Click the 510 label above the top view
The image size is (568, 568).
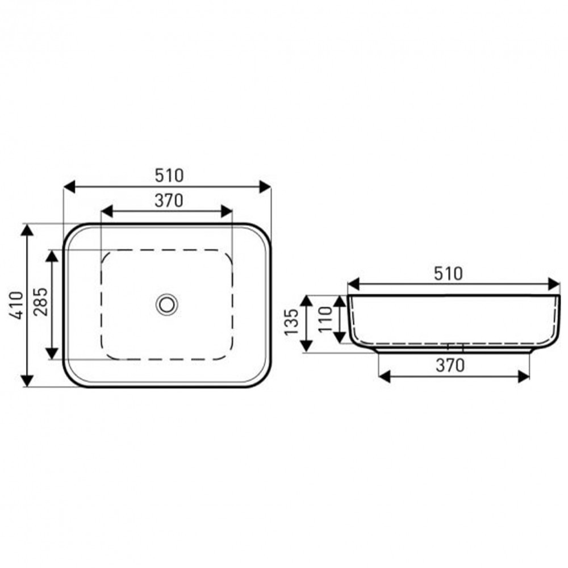169,176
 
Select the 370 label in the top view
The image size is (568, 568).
169,201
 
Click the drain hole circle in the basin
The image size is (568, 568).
167,304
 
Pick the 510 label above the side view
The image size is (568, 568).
448,274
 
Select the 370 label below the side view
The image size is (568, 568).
450,366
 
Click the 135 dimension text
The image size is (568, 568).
291,322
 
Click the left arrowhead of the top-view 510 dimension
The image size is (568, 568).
69,186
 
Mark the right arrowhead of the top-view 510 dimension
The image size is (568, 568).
265,186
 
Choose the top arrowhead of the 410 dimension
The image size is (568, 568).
27,230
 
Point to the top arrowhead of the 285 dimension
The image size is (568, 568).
52,256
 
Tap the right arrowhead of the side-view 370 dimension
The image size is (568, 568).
523,375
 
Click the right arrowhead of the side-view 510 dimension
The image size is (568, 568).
554,284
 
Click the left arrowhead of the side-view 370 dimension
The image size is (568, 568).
385,375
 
